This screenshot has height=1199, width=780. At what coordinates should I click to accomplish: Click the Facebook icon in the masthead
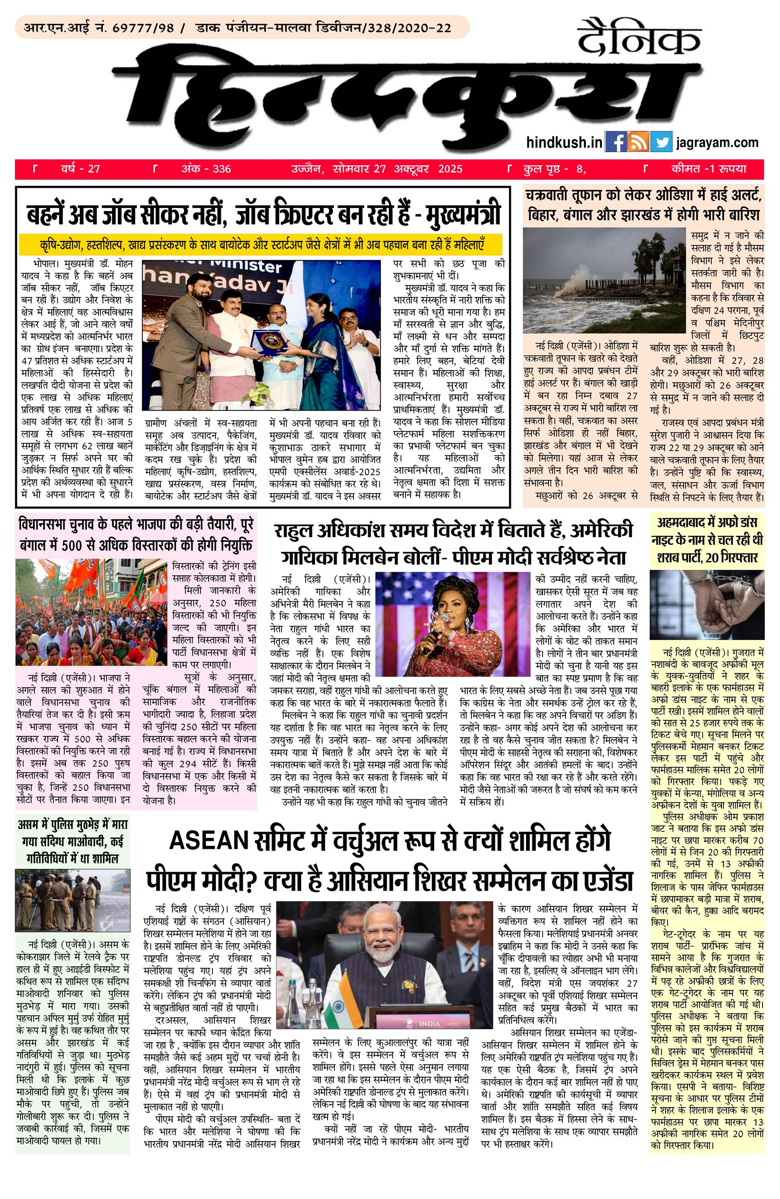point(615,142)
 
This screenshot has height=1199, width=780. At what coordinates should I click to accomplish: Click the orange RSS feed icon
point(638,142)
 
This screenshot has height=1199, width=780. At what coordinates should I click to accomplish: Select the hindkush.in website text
point(564,143)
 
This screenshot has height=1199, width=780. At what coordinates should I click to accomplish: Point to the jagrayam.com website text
point(717,143)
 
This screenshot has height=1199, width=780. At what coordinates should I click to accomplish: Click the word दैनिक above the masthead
point(639,38)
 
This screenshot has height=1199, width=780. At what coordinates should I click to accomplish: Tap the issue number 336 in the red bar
point(221,169)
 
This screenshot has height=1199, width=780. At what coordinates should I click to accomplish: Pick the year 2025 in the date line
point(450,169)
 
